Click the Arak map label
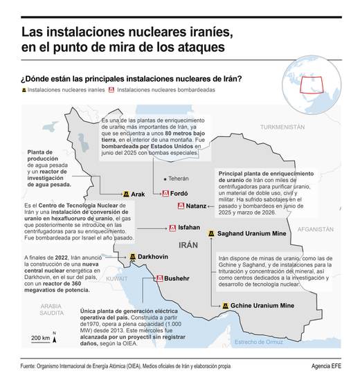click(x=138, y=194)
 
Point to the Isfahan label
click(x=189, y=227)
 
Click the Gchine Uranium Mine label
click(x=262, y=305)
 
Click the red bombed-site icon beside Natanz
click(x=181, y=206)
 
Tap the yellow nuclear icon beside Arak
click(x=125, y=194)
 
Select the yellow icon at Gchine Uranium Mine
click(x=226, y=305)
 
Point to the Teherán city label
click(x=179, y=178)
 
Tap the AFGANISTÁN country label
click(x=330, y=227)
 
